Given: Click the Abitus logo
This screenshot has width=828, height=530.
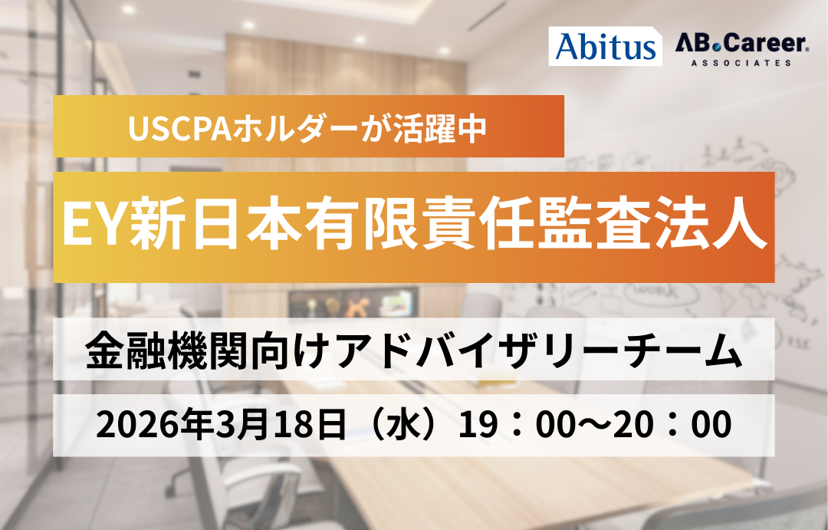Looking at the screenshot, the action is [x=605, y=46].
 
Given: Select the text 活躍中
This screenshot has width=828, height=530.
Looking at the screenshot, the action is [x=440, y=128].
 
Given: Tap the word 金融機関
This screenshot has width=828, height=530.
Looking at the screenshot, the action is [x=169, y=350].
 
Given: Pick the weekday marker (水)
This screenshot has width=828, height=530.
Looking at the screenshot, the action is [x=406, y=424].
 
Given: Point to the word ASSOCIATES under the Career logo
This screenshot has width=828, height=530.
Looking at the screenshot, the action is [x=741, y=62].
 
